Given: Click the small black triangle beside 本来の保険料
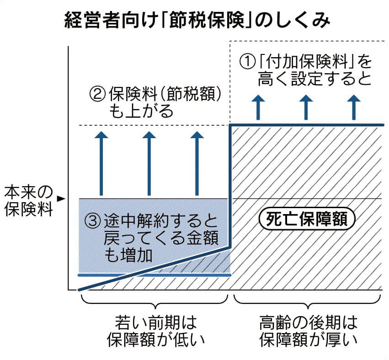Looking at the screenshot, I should (60, 199).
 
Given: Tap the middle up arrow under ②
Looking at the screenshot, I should (149, 162).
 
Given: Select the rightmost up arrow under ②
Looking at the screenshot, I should (197, 162).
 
